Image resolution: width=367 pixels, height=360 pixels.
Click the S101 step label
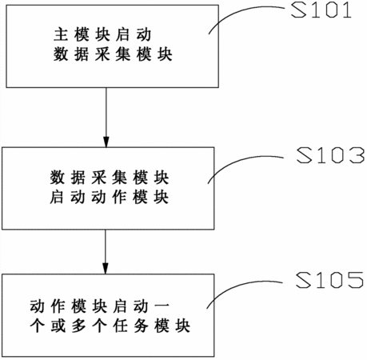(321, 10)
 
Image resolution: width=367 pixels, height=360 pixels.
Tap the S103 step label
(330, 155)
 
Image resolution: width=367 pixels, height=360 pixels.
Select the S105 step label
(329, 280)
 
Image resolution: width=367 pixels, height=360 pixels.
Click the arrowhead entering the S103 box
(106, 142)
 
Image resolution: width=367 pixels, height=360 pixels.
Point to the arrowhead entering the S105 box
(106, 268)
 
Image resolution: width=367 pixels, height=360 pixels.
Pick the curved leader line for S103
(240, 162)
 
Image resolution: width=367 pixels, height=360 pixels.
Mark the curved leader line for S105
(238, 286)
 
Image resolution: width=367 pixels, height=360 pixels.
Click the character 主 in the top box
(61, 34)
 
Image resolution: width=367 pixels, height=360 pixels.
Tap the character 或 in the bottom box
(58, 326)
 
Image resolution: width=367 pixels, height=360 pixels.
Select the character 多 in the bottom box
(79, 326)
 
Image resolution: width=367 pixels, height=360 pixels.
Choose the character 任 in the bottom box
(121, 326)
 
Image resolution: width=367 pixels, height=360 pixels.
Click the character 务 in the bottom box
(142, 326)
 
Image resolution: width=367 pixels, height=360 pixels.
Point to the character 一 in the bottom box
(162, 306)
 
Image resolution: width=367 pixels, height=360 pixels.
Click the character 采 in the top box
(102, 54)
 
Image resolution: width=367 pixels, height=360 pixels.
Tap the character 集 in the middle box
(119, 178)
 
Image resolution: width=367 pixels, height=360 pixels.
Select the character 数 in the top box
(61, 54)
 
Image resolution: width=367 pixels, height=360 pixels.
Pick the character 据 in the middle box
(78, 178)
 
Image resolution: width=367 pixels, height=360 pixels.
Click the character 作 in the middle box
(119, 198)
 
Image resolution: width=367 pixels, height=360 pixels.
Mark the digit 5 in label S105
(355, 280)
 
